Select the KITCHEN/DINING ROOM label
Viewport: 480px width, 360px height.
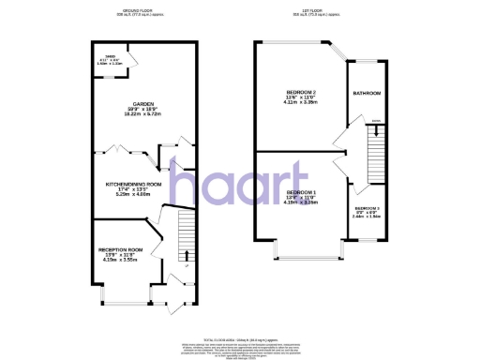[x=134, y=185]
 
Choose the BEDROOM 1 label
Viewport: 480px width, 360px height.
[x=302, y=192]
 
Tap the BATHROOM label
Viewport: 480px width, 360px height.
[x=367, y=94]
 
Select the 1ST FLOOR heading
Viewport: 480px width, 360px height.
[x=316, y=8]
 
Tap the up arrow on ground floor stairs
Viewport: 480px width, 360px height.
[x=185, y=254]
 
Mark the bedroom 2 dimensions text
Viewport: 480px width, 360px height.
[x=301, y=100]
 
